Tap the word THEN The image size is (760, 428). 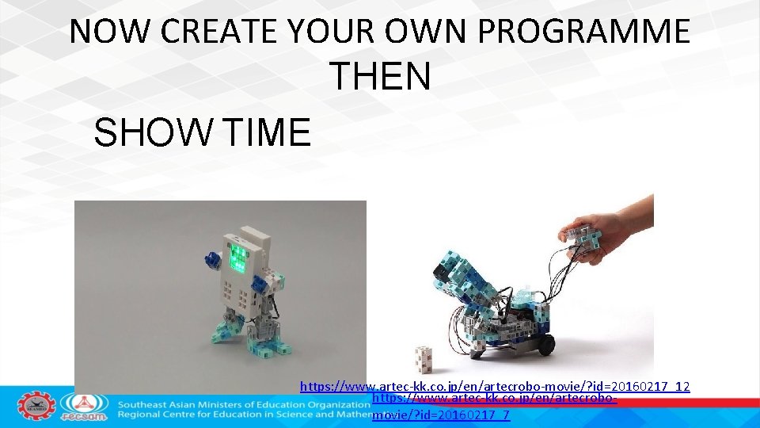380,77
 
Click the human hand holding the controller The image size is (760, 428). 617,224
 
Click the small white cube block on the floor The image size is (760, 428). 425,358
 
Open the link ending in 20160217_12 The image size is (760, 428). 494,387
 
